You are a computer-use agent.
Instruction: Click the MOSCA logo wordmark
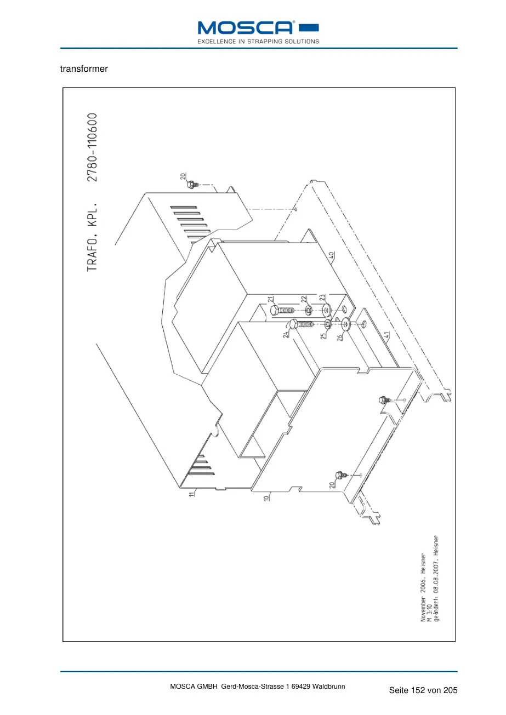click(246, 28)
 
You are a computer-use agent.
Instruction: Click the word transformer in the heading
click(84, 69)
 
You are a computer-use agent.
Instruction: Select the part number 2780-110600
click(92, 147)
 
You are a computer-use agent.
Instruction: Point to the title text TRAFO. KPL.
click(92, 236)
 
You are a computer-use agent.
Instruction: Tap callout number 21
click(271, 299)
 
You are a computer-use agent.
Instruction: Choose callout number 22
click(304, 299)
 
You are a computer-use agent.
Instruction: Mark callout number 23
click(322, 297)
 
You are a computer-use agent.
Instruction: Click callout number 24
click(286, 334)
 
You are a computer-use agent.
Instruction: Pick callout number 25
click(323, 336)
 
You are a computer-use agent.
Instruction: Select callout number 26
click(339, 337)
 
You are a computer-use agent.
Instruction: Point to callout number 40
click(332, 255)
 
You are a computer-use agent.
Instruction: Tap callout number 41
click(386, 335)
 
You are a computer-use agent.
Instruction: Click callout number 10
click(266, 497)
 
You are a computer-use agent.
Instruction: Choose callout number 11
click(191, 494)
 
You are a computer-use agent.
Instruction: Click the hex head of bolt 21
click(274, 310)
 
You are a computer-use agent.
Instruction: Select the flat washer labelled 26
click(346, 324)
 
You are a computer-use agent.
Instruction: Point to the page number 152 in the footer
click(418, 690)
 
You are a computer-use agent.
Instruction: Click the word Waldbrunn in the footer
click(328, 687)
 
